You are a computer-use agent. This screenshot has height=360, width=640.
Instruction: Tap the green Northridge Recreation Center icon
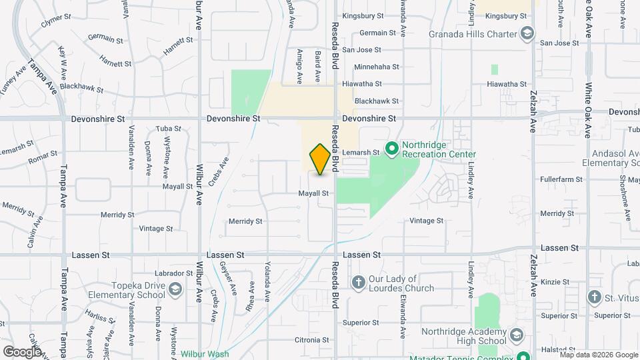click(x=392, y=147)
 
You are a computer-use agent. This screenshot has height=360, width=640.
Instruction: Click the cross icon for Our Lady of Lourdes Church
click(x=358, y=283)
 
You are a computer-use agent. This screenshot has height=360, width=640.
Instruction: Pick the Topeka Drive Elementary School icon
click(x=175, y=289)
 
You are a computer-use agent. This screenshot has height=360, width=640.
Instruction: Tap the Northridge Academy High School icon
click(x=515, y=335)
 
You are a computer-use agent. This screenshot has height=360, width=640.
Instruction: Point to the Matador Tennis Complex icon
click(x=523, y=357)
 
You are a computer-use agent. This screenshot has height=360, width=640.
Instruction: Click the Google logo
click(x=23, y=351)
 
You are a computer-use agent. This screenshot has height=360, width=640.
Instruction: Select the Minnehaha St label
click(x=377, y=67)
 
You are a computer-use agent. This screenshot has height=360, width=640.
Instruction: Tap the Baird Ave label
click(x=318, y=62)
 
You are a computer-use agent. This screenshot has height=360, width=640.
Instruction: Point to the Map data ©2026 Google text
click(x=598, y=355)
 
